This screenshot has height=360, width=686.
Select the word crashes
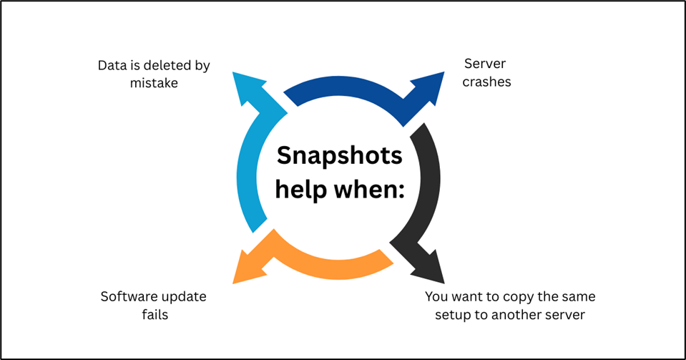pyautogui.click(x=486, y=82)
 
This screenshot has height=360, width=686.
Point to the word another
pyautogui.click(x=516, y=314)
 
